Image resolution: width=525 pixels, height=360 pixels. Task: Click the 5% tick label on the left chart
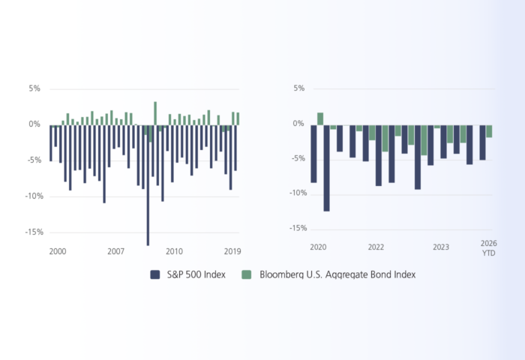pos(34,88)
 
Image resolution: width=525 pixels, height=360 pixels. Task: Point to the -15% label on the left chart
pos(34,232)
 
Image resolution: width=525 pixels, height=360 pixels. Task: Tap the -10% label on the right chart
pos(298,193)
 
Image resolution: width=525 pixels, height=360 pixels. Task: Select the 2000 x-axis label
pos(58,251)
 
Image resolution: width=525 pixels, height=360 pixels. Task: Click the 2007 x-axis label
pos(115,251)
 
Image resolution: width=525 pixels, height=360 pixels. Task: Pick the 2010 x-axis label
pos(174,251)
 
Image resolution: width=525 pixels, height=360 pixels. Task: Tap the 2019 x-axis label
pos(232,251)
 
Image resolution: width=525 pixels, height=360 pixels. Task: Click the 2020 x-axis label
pos(318,247)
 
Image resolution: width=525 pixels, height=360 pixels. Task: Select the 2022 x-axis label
pos(376,247)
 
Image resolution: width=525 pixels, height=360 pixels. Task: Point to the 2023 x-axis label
pos(441,247)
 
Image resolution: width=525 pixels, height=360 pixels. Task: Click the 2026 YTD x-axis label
pos(489,247)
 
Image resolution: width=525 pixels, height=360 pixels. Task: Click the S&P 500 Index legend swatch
pos(155,274)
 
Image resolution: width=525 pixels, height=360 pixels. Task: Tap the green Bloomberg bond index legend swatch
pos(247,274)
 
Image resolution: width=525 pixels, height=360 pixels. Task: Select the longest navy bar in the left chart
pos(148,185)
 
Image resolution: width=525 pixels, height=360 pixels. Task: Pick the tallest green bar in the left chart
pos(155,113)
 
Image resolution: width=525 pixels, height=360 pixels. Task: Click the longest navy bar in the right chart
pos(326,168)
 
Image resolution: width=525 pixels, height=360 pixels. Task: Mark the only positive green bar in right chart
pos(320,119)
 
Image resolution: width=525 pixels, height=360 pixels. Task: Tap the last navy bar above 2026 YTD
pos(482,142)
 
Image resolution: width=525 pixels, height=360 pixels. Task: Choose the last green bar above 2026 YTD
pos(489,131)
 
